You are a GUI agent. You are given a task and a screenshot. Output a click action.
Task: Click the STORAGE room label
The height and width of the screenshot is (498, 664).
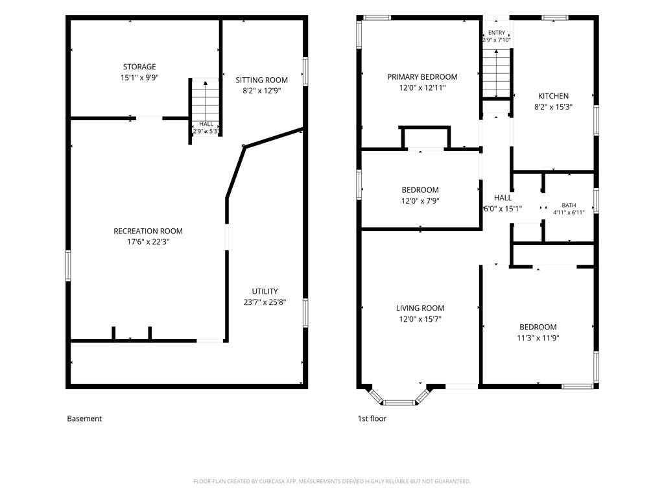[139, 67]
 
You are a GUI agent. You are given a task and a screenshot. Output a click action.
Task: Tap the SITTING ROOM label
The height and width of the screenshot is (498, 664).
[262, 80]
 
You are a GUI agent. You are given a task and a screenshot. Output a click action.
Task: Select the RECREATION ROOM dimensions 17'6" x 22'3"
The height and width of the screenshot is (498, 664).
[148, 243]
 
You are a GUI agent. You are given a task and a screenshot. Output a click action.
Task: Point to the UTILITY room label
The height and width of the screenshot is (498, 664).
[265, 291]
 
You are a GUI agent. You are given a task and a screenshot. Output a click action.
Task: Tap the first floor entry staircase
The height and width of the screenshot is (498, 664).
[496, 73]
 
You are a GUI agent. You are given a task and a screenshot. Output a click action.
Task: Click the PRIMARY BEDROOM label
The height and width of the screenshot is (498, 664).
[422, 77]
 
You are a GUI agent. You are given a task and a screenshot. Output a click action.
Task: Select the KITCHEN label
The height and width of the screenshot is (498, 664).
[554, 96]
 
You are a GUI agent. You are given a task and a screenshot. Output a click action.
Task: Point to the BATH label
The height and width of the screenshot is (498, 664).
[569, 206]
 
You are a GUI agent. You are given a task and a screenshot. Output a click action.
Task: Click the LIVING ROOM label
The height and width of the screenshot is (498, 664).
[420, 308]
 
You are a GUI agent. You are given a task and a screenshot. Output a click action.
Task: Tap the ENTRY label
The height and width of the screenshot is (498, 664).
[497, 32]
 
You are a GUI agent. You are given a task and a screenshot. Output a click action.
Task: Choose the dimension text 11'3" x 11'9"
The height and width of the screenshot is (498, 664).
[538, 338]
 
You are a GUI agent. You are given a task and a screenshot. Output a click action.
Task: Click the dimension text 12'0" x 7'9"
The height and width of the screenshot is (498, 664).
[420, 201]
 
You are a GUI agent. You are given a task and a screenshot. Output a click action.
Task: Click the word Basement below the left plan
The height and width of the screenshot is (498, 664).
[84, 419]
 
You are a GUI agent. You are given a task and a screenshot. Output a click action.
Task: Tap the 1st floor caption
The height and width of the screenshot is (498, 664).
[372, 419]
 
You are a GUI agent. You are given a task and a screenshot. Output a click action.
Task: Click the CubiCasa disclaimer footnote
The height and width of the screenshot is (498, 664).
[332, 482]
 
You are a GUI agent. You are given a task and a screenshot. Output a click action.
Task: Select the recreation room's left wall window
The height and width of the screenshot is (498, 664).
[68, 265]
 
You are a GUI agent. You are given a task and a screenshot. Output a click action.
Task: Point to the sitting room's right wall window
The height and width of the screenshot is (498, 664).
[305, 71]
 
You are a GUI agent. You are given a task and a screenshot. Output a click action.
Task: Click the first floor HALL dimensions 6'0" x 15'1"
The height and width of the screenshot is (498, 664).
[503, 209]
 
